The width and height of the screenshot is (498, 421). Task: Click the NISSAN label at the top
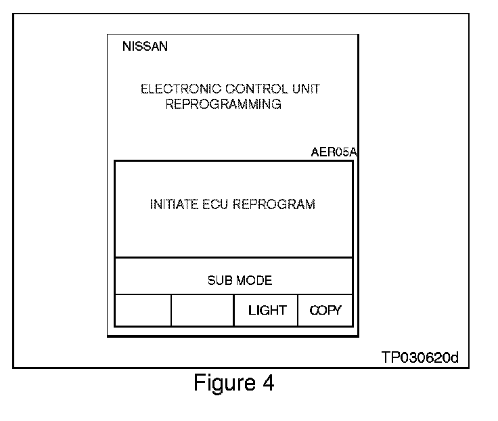tap(145, 47)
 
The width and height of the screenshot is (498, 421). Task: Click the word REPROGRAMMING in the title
tap(223, 105)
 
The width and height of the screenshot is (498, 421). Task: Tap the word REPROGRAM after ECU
tap(274, 205)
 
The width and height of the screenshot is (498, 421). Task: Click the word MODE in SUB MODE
tap(256, 281)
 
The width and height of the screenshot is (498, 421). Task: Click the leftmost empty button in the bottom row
tap(143, 311)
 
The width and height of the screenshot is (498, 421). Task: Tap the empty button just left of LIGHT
tap(202, 311)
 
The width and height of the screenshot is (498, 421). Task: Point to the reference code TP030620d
tap(420, 357)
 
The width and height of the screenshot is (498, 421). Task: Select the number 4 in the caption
tap(268, 384)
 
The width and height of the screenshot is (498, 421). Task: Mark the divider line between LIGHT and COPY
tap(298, 311)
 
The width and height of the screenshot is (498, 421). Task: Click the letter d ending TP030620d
tap(455, 357)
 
